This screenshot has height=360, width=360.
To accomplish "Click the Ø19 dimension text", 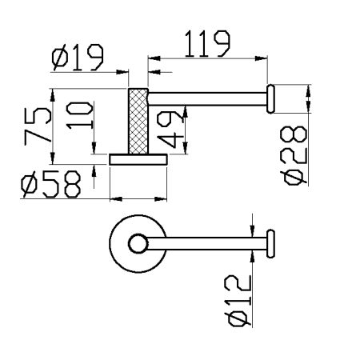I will pos(77,58).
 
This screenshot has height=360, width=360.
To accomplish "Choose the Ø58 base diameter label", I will pos(52,186).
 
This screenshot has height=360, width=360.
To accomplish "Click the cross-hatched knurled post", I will pos(139,120).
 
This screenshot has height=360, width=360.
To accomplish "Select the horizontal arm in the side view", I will pos(208,100).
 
